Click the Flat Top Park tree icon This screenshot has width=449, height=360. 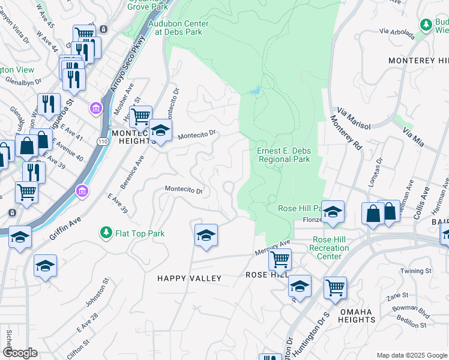click(106, 232)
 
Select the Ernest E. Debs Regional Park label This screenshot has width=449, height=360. click(284, 155)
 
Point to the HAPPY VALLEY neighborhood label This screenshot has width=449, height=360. click(189, 278)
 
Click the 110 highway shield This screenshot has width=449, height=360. click(103, 140)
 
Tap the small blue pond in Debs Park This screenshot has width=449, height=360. click(256, 91)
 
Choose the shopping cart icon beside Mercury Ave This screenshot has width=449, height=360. click(280, 260)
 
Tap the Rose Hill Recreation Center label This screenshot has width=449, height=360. click(330, 248)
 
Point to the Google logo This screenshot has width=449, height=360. click(20, 353)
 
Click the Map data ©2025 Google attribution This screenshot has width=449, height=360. click(411, 355)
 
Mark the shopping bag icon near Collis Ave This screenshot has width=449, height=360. click(373, 214)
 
